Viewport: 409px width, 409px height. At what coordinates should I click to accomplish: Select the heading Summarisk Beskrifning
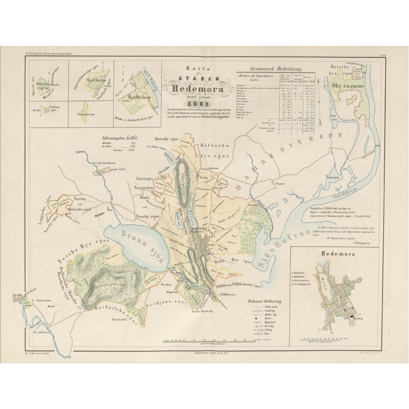278,70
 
